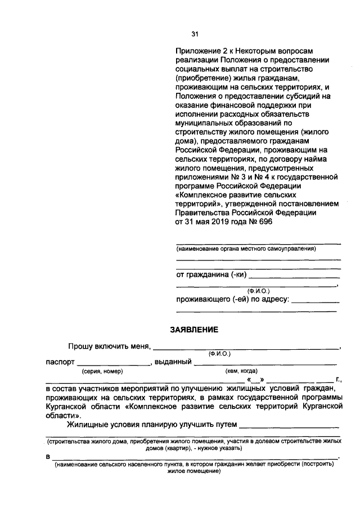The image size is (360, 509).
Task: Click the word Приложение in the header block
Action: click(196, 51)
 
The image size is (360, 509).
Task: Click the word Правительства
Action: click(202, 213)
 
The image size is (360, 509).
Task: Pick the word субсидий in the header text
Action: click(307, 96)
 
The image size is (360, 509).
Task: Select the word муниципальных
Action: click(204, 123)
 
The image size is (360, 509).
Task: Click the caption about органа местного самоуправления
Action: click(246, 249)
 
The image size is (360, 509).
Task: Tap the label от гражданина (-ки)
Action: click(211, 275)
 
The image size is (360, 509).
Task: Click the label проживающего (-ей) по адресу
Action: click(233, 299)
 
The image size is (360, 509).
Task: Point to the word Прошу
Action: click(79, 346)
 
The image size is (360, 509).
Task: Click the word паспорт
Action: click(60, 362)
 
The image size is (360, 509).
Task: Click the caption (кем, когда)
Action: click(241, 371)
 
